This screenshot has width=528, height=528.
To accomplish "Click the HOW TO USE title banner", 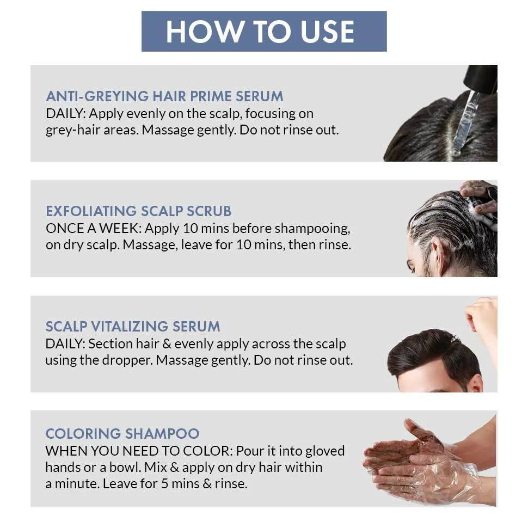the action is [x=264, y=32].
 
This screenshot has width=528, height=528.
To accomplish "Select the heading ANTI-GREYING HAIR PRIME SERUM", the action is [x=164, y=96].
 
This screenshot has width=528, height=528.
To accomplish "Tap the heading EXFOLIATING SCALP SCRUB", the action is [x=138, y=211].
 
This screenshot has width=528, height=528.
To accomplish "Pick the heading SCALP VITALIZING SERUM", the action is [x=133, y=326].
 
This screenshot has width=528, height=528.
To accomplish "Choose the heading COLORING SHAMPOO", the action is [x=122, y=434].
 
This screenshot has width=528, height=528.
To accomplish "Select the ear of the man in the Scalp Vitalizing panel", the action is [x=475, y=384].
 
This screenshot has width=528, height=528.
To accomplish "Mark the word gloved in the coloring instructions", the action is [x=325, y=451].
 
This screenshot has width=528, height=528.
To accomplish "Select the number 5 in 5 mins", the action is [x=164, y=484].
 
